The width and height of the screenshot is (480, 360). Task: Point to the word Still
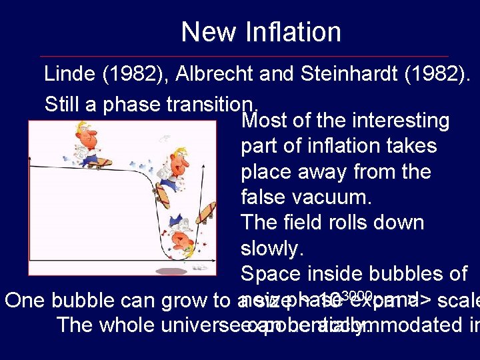pyautogui.click(x=61, y=104)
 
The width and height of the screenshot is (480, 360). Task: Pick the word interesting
pyautogui.click(x=401, y=121)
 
